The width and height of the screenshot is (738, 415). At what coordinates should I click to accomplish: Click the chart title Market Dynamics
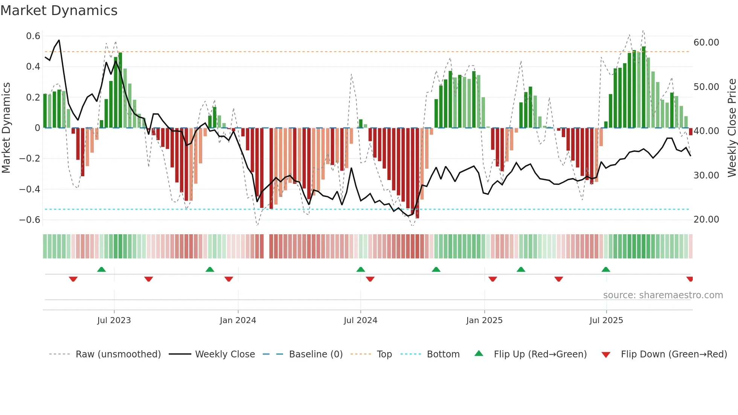click(59, 11)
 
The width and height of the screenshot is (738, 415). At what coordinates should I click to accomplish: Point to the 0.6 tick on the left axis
click(33, 36)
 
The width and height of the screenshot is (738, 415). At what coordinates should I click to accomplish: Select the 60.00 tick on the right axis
click(706, 43)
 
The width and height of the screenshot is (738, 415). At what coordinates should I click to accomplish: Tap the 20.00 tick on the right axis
click(706, 220)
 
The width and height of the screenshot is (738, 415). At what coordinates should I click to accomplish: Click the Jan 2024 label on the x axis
click(238, 320)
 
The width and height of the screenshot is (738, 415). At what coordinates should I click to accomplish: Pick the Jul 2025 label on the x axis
click(606, 320)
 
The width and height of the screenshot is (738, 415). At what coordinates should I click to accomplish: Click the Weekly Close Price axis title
click(732, 128)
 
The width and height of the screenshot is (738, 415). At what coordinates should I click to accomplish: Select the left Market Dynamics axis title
click(6, 128)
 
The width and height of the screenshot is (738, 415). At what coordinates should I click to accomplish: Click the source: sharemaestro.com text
click(663, 295)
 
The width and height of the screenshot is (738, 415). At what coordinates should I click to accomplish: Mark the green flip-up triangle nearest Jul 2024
click(361, 269)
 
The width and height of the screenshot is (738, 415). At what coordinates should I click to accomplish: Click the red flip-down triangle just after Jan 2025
click(493, 279)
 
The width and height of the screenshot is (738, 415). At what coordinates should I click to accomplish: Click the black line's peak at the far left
click(59, 40)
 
